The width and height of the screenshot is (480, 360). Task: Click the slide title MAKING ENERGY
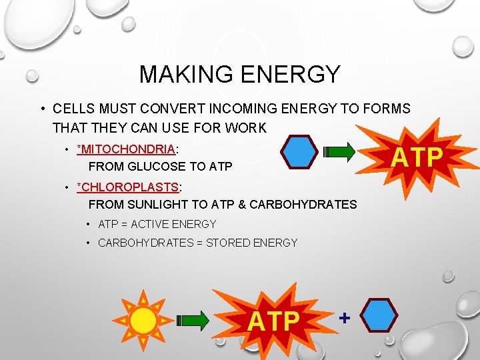(x=239, y=74)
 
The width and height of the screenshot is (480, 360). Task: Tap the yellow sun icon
(x=143, y=321)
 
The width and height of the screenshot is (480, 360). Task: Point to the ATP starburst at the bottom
(x=273, y=321)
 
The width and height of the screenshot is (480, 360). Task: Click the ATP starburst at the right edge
(x=416, y=157)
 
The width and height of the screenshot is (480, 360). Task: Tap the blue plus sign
(x=344, y=318)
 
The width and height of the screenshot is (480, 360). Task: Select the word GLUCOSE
(x=147, y=167)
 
